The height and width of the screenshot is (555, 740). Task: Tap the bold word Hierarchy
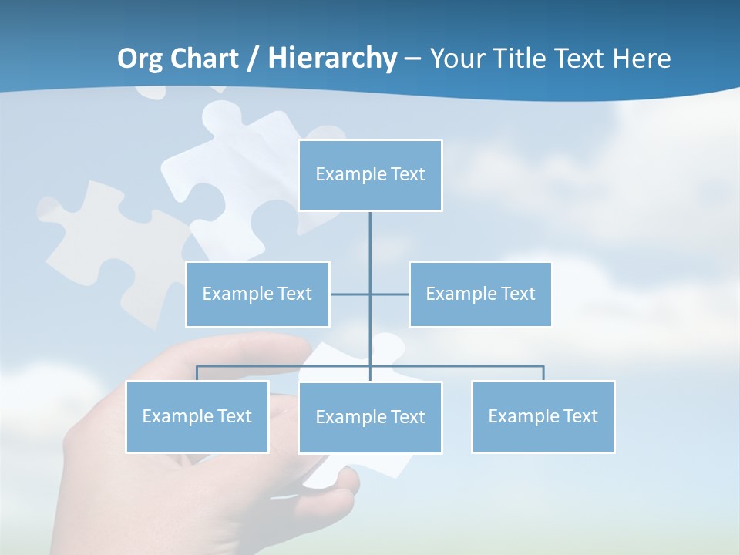pos(332,59)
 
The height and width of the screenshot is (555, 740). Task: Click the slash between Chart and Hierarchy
pos(254,59)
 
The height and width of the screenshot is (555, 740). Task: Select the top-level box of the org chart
pos(370,175)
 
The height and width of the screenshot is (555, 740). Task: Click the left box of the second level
pos(257,294)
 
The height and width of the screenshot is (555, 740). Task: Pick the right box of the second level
pos(480,294)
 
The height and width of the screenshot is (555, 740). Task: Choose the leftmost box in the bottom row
pos(197,417)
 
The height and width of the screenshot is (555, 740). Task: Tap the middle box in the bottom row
pos(370,418)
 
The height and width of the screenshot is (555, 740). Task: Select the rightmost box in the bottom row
pos(543,417)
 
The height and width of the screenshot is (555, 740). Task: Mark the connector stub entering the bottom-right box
pos(543,373)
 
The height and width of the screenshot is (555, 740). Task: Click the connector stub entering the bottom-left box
pos(197,373)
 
